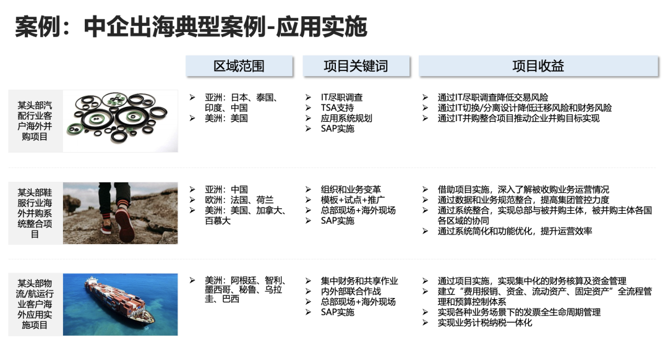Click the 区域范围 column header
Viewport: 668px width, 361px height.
click(x=239, y=66)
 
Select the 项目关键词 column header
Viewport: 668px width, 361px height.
click(x=356, y=66)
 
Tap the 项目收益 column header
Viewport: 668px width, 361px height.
click(x=538, y=66)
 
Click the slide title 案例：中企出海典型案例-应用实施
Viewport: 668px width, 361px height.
click(x=191, y=27)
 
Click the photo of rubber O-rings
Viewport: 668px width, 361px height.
click(x=120, y=121)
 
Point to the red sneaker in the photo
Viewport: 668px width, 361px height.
click(x=124, y=222)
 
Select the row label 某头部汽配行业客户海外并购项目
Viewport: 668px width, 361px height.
click(x=35, y=121)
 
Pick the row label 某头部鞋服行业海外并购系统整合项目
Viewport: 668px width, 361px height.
click(x=35, y=213)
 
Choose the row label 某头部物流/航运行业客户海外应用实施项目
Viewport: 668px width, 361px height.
click(x=35, y=304)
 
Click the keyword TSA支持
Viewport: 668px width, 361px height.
click(x=338, y=108)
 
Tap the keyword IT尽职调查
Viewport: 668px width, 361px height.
click(x=341, y=98)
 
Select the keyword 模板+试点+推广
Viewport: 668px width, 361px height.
click(x=353, y=200)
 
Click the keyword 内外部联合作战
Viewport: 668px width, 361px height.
click(x=351, y=291)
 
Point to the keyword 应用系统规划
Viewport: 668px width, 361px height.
click(x=346, y=118)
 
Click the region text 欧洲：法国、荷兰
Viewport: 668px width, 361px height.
click(x=239, y=200)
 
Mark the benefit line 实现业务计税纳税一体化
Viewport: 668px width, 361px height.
click(x=485, y=323)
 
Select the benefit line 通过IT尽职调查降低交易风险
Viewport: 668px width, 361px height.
click(x=493, y=98)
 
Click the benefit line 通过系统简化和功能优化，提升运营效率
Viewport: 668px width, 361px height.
click(x=515, y=231)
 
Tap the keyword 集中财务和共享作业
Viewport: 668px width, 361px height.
click(x=359, y=281)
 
